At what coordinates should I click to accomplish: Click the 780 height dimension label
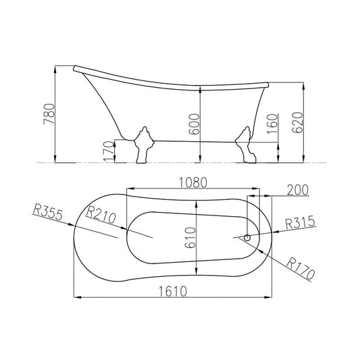click(x=49, y=114)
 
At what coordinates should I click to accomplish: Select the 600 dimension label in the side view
click(x=194, y=124)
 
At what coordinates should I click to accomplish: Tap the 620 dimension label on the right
click(x=298, y=123)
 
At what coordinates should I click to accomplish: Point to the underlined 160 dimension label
click(x=272, y=124)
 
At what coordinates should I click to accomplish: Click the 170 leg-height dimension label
click(x=109, y=151)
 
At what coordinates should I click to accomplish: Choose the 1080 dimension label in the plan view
click(x=193, y=183)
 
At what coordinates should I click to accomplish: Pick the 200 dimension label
click(x=298, y=190)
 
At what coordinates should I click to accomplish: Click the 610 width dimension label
click(x=190, y=238)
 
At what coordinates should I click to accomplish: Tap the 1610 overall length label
click(x=173, y=292)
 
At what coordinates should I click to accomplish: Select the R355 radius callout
click(x=48, y=213)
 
